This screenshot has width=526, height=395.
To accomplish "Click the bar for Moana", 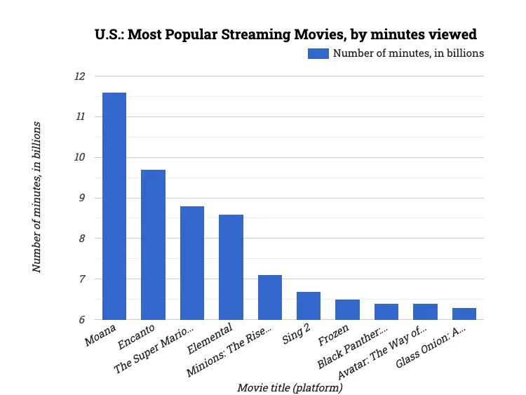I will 114,206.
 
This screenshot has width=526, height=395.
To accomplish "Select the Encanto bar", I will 153,245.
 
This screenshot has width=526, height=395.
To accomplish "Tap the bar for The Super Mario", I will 192,263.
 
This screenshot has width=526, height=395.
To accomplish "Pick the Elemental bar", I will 231,267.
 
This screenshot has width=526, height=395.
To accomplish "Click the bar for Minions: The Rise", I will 270,297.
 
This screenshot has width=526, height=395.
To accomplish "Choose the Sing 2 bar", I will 309,306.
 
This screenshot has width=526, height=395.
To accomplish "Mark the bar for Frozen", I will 347,309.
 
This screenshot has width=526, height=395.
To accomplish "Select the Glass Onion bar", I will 464,314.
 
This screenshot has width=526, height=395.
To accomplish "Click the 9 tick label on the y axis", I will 81,198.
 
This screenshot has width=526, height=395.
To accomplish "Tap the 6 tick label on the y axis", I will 81,320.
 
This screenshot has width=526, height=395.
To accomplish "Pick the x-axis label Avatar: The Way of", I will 377,352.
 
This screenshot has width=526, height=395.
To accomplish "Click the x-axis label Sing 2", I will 296,336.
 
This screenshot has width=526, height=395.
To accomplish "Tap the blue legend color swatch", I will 318,53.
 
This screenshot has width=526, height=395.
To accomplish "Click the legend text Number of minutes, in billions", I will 408,53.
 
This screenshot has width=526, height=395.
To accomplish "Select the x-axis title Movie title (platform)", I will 289,387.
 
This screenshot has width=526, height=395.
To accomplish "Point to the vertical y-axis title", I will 36,197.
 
